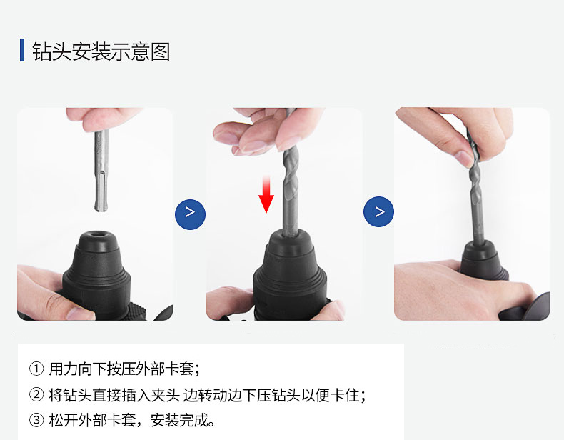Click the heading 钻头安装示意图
(x=101, y=51)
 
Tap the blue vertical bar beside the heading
(x=22, y=51)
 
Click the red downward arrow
(x=266, y=196)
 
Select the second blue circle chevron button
(x=379, y=212)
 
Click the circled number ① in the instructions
(x=36, y=369)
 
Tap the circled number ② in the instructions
(x=36, y=394)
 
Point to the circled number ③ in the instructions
(x=36, y=419)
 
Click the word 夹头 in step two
(x=165, y=394)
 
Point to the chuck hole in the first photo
(x=96, y=236)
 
